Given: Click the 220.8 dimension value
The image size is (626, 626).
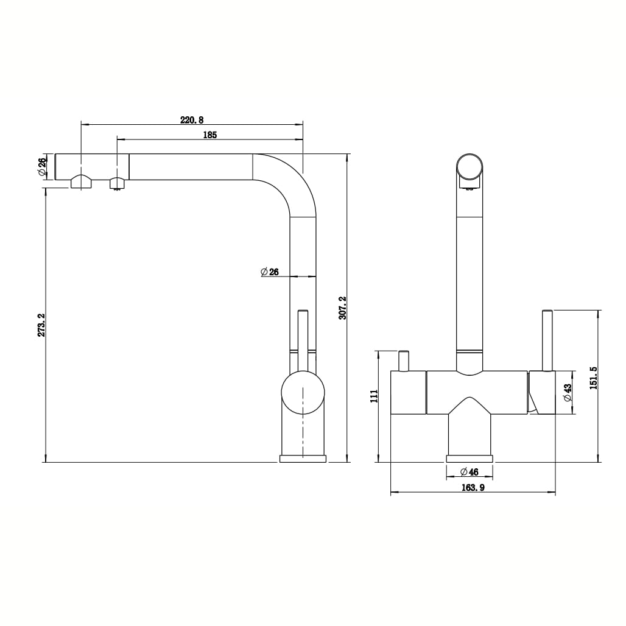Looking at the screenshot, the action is (x=192, y=120).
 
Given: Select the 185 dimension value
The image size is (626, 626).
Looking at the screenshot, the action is (x=210, y=135).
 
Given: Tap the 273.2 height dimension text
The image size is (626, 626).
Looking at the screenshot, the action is (x=41, y=325).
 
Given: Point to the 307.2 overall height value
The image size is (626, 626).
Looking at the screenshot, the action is (x=342, y=308).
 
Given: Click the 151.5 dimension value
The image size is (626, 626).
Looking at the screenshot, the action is (x=593, y=378).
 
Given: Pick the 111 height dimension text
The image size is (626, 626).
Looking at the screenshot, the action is (x=374, y=396).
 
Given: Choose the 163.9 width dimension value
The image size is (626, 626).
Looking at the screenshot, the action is (x=473, y=488).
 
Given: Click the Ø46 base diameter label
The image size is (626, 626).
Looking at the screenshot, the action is (x=469, y=472).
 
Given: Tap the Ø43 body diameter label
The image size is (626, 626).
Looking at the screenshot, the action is (x=568, y=392).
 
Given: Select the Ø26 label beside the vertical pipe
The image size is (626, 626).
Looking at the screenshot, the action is (x=270, y=272).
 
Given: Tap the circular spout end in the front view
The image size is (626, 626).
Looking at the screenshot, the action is (x=469, y=167).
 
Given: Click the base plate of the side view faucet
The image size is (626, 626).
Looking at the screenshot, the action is (x=303, y=459).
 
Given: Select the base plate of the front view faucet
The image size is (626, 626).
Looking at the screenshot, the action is (x=469, y=459).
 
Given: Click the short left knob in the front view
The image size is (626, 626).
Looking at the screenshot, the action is (x=404, y=360).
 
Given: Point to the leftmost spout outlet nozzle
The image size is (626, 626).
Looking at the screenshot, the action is (x=82, y=181).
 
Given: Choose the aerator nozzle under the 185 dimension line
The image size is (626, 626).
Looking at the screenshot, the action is (x=118, y=184).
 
